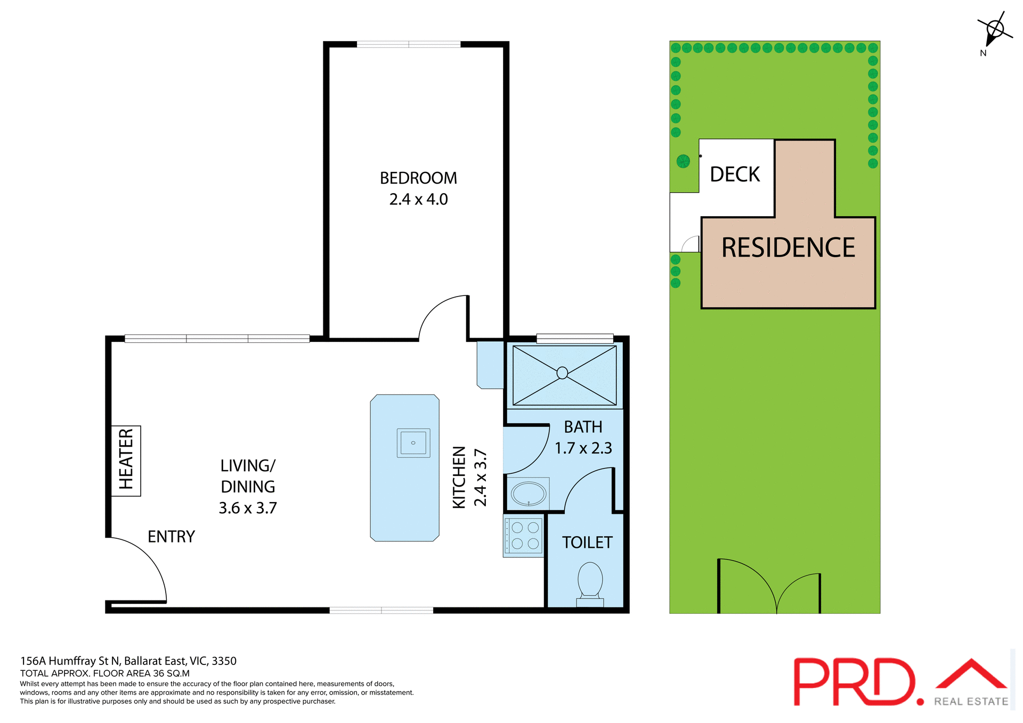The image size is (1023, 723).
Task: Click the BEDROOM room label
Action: pyautogui.click(x=418, y=178)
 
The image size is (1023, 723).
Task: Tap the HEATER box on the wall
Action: pyautogui.click(x=126, y=461)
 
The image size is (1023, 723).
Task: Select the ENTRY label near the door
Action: pyautogui.click(x=171, y=537)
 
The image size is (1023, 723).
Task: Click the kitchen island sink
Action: pyautogui.click(x=413, y=443)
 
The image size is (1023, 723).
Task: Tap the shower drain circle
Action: pyautogui.click(x=562, y=373)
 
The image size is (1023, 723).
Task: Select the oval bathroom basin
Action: pyautogui.click(x=529, y=494)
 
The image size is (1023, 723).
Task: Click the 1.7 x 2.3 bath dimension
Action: pyautogui.click(x=583, y=448)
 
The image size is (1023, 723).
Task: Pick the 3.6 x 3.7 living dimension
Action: pyautogui.click(x=248, y=508)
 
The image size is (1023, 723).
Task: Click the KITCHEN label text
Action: pyautogui.click(x=459, y=477)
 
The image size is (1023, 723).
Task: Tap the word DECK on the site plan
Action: pyautogui.click(x=735, y=175)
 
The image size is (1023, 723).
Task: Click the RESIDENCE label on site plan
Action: pyautogui.click(x=788, y=248)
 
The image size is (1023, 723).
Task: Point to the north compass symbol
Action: pyautogui.click(x=994, y=30)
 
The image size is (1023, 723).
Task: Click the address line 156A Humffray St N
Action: pyautogui.click(x=128, y=661)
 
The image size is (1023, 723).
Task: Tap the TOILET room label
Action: pyautogui.click(x=587, y=543)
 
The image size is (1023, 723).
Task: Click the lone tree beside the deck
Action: pyautogui.click(x=683, y=161)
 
